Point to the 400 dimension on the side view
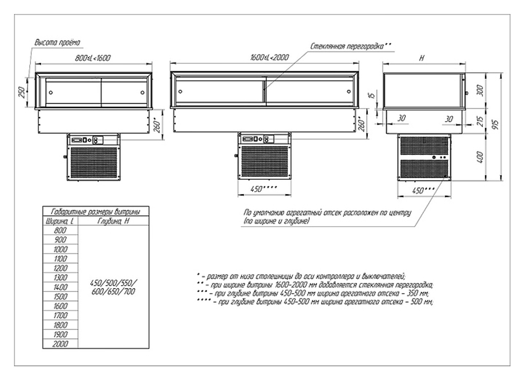[478, 156]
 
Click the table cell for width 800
[60, 231]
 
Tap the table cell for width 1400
[60, 287]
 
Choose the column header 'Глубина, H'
[114, 221]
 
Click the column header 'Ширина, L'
[60, 221]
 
